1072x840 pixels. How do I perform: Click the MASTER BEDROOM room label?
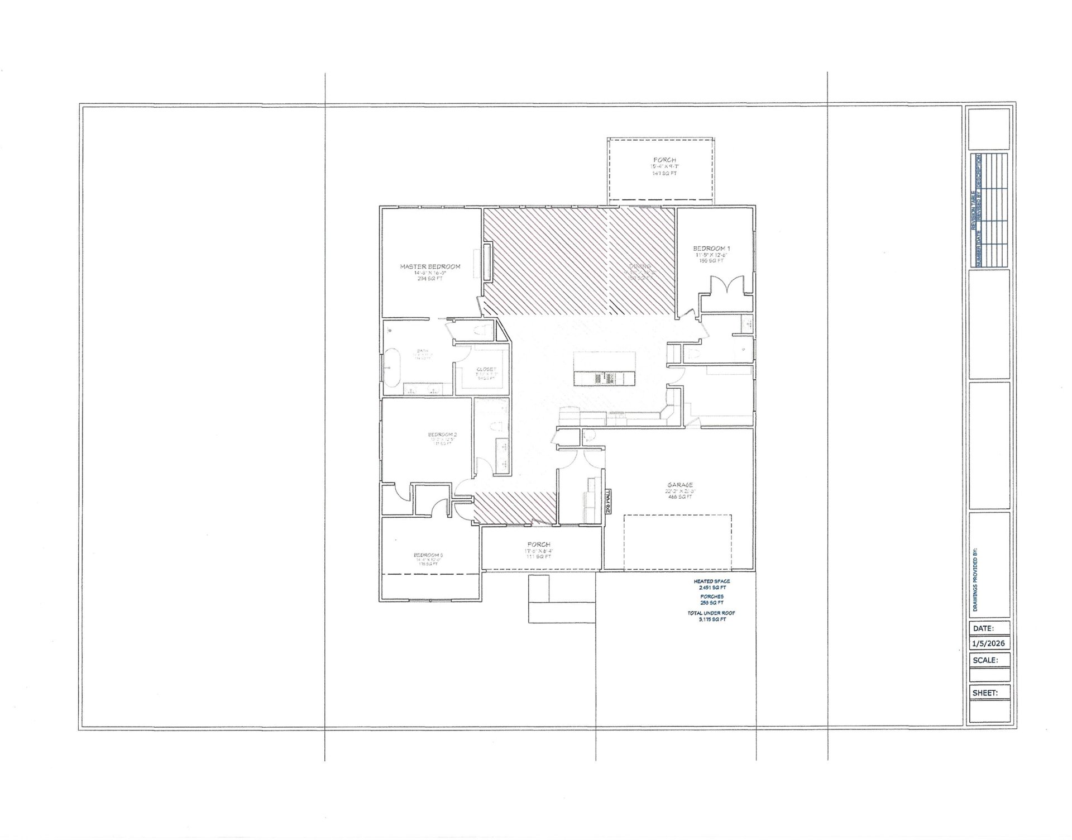[430, 266]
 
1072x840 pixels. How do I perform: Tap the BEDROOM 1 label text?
[711, 249]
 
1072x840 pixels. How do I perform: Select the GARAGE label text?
[679, 485]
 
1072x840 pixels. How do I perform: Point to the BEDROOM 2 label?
[442, 435]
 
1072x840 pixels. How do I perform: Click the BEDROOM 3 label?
[428, 555]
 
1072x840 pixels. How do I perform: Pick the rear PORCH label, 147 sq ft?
[664, 160]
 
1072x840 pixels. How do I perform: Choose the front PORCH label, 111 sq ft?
[538, 544]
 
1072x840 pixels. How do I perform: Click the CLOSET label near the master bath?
[486, 369]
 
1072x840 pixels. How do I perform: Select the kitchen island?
[604, 368]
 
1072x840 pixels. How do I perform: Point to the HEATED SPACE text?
[712, 581]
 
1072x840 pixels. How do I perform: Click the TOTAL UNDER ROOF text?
[711, 613]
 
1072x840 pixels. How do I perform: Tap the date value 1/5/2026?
[989, 643]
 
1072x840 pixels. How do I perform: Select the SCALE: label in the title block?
[985, 660]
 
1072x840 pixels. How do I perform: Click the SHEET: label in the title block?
[985, 693]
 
